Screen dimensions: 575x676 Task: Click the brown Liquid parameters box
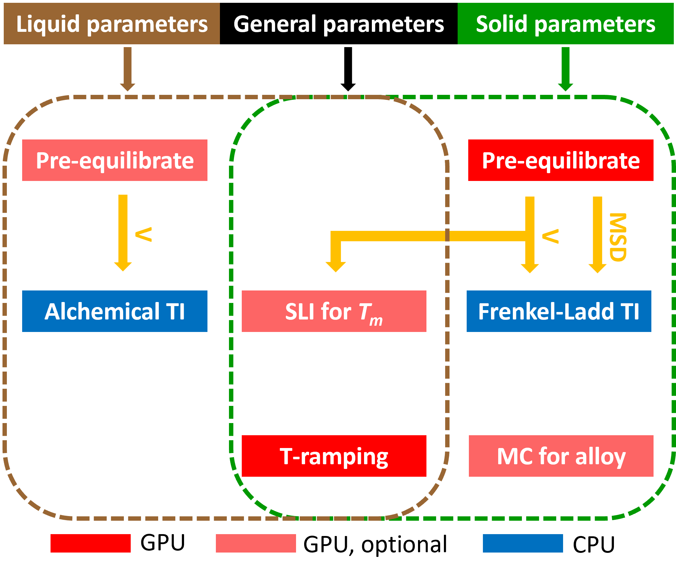[112, 23]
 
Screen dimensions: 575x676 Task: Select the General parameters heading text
[339, 24]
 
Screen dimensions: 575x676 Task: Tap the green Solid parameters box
[566, 23]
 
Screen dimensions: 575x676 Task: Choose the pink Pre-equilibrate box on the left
[115, 160]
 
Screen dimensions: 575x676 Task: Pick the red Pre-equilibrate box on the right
[561, 160]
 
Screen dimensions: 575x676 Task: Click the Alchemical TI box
[115, 311]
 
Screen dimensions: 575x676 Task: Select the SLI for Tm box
[334, 311]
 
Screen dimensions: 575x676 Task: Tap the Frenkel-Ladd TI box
[559, 311]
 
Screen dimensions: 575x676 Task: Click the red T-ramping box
[334, 456]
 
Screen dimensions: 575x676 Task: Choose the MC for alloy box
[561, 456]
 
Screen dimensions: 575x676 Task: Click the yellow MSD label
[617, 237]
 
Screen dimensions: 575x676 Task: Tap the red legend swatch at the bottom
[90, 543]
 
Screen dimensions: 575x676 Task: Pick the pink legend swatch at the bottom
[256, 543]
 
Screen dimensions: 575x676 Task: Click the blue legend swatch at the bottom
[523, 543]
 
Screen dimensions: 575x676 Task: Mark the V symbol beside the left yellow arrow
[143, 234]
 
